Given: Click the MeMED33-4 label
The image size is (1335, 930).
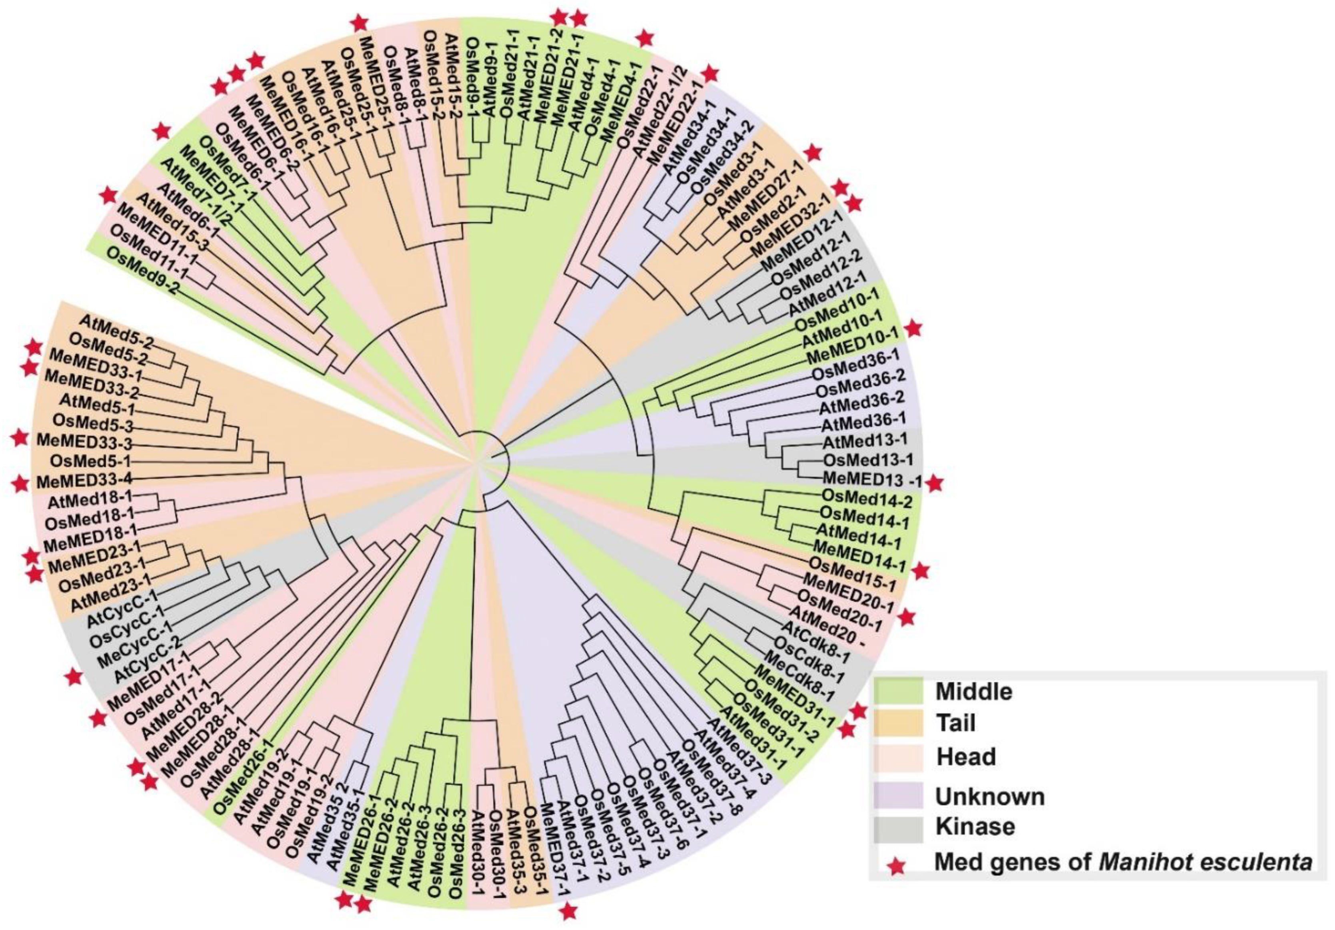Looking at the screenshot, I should pos(84,481).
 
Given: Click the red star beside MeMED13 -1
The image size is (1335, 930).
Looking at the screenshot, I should pos(934,483).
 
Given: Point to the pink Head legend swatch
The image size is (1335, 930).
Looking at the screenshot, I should pos(898,757).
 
